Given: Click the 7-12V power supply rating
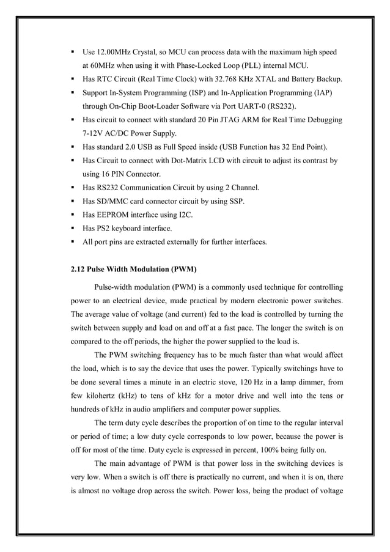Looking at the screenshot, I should coord(95,133).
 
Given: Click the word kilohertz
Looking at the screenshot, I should coord(105,395).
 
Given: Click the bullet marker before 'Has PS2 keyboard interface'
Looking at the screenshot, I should coord(73,227).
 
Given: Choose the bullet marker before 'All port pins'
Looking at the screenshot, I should coord(73,241).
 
